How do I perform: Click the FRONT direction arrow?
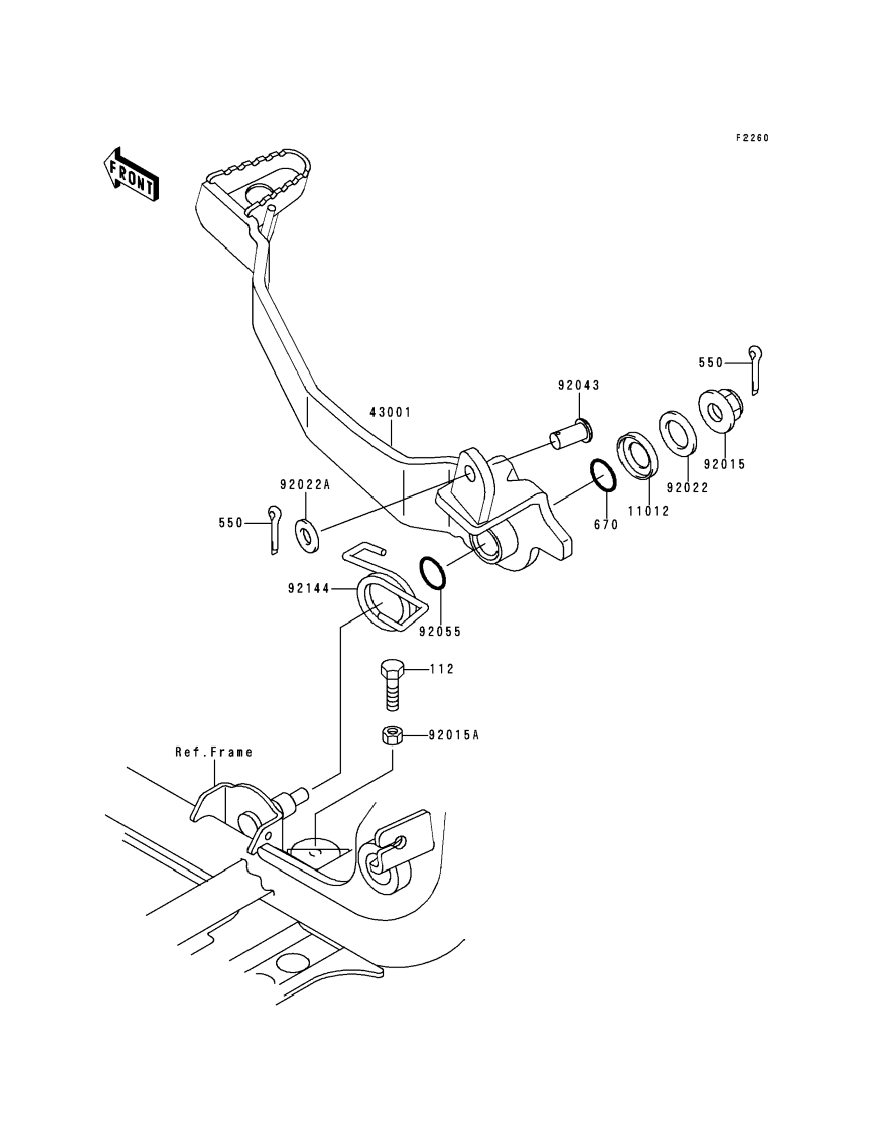(x=131, y=174)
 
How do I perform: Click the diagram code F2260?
(x=752, y=138)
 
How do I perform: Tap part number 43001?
(x=391, y=412)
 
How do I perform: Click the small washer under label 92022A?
(x=307, y=536)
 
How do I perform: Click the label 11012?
(x=648, y=512)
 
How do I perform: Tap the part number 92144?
(x=309, y=589)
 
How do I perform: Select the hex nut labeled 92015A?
(x=392, y=735)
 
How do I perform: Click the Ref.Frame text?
(x=214, y=752)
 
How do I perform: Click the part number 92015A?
(x=453, y=735)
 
